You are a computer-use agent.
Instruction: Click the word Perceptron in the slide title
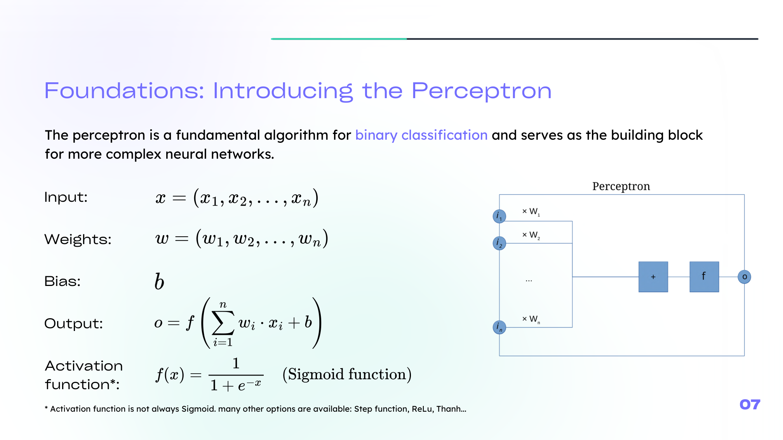[481, 91]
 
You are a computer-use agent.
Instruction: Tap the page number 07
[750, 405]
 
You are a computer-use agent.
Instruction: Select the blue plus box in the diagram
[653, 277]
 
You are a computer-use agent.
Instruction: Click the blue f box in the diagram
[704, 277]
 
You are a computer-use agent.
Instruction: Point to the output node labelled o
[744, 277]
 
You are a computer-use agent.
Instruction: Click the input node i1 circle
[499, 216]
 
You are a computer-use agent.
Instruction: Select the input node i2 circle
[499, 243]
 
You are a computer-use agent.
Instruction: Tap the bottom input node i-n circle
[499, 327]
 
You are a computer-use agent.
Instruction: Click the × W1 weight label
[531, 212]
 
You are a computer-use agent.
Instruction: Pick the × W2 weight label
[531, 235]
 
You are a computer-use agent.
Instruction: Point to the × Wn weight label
[531, 319]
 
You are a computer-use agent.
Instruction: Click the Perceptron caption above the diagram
[621, 187]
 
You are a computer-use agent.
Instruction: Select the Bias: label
[63, 281]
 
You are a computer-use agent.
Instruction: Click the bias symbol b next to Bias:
[159, 281]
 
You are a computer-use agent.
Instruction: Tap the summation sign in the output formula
[223, 323]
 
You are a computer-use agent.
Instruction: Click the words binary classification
[421, 135]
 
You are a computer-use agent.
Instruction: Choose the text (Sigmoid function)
[347, 374]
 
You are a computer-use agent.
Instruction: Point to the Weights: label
[78, 239]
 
